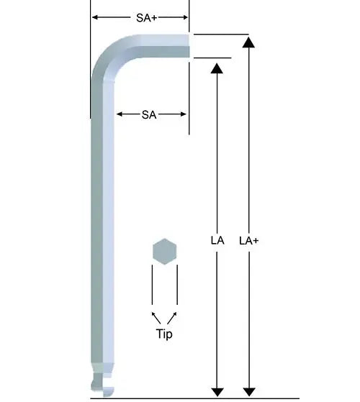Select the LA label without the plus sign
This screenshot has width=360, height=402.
(217, 241)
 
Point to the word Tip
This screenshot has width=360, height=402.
(164, 334)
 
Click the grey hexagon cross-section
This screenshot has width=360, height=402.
(164, 252)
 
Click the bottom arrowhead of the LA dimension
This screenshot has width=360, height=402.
(217, 390)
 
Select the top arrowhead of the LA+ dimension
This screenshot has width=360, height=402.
(248, 42)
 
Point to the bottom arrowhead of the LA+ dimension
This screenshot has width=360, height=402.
(248, 390)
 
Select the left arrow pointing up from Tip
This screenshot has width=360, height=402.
(154, 316)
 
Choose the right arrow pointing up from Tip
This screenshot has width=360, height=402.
(174, 316)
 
